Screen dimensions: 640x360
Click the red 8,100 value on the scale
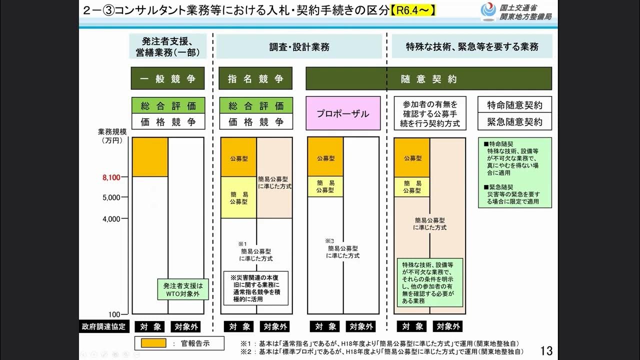pyautogui.click(x=113, y=177)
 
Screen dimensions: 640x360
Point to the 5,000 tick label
pyautogui.click(x=113, y=197)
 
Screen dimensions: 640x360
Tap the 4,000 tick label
pyautogui.click(x=113, y=218)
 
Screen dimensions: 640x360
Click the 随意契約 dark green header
pyautogui.click(x=428, y=78)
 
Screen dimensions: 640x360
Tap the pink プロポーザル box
pyautogui.click(x=343, y=113)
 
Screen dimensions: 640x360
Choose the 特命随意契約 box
pyautogui.click(x=514, y=105)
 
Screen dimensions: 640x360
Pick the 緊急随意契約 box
pyautogui.click(x=514, y=121)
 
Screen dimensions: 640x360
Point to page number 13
pyautogui.click(x=547, y=348)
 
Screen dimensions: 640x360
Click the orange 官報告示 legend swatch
pyautogui.click(x=150, y=343)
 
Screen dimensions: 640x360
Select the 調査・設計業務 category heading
pyautogui.click(x=299, y=47)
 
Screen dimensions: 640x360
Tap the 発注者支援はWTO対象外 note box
pyautogui.click(x=182, y=289)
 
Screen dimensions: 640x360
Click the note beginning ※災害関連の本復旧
pyautogui.click(x=255, y=288)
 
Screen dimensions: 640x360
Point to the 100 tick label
pyautogui.click(x=115, y=314)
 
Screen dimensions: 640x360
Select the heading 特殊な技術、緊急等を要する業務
pyautogui.click(x=471, y=47)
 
